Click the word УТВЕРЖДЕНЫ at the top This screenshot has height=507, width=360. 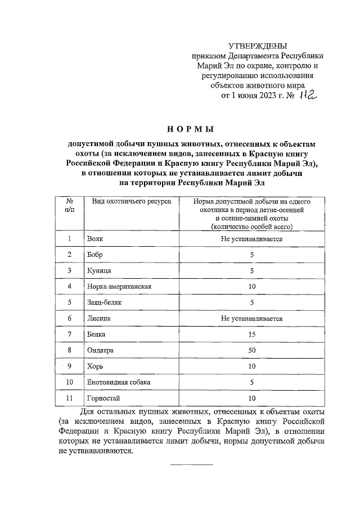pyautogui.click(x=258, y=46)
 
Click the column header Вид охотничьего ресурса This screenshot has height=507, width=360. pyautogui.click(x=124, y=201)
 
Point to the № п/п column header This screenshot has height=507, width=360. pyautogui.click(x=69, y=205)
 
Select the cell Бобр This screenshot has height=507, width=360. pyautogui.click(x=96, y=255)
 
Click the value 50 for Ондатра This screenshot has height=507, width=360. pyautogui.click(x=252, y=350)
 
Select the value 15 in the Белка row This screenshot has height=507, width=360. pyautogui.click(x=252, y=334)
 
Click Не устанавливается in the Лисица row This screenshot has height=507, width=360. pyautogui.click(x=251, y=318)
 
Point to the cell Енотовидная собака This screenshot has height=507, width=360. pyautogui.click(x=119, y=382)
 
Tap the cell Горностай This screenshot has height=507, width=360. pyautogui.click(x=102, y=398)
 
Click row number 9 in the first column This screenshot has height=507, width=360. pyautogui.click(x=69, y=366)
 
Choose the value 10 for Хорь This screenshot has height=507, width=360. pyautogui.click(x=252, y=366)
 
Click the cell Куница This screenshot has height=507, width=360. pyautogui.click(x=99, y=270)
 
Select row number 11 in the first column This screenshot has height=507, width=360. pyautogui.click(x=69, y=398)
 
